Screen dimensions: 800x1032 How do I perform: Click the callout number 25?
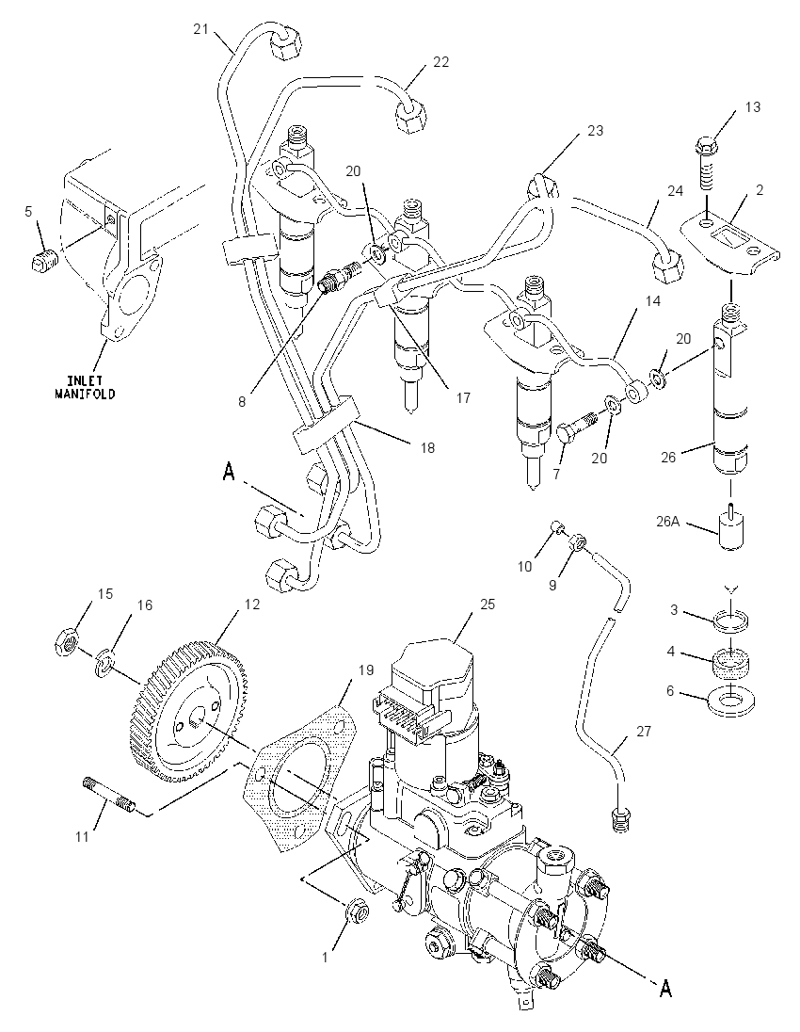(488, 604)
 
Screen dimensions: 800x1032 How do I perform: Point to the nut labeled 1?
(358, 911)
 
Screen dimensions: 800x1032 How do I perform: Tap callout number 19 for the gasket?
(365, 670)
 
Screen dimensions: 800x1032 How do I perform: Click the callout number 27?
(643, 732)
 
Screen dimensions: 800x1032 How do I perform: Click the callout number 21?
(200, 28)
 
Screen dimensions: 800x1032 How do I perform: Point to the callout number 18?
(427, 448)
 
